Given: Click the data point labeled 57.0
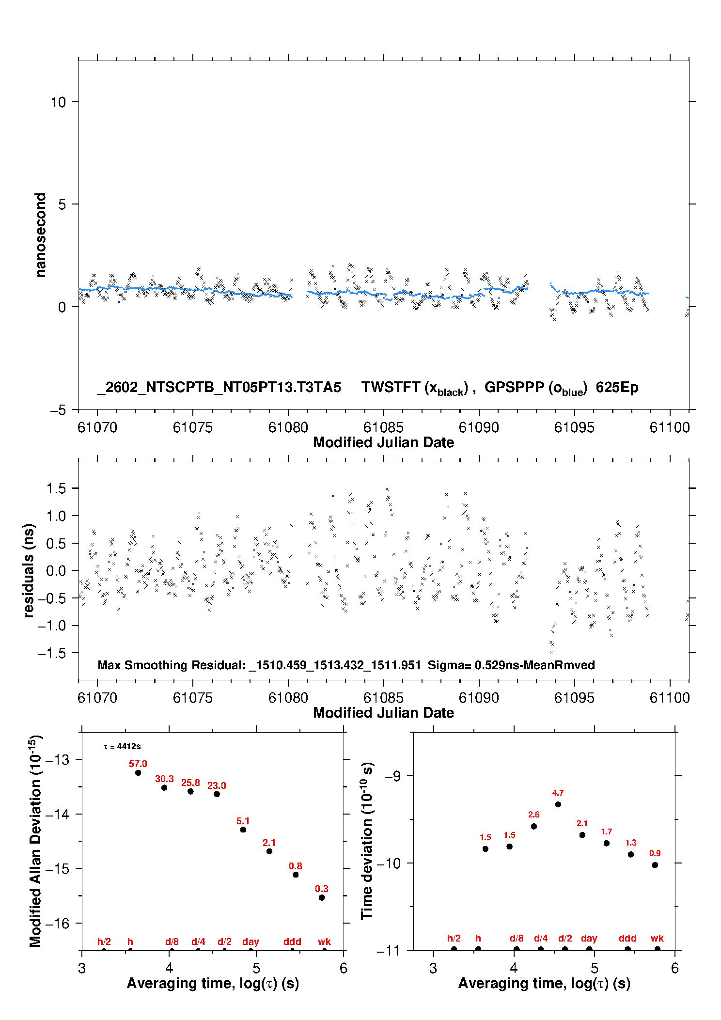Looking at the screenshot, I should tap(138, 772).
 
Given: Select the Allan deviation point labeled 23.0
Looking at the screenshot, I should tap(217, 794).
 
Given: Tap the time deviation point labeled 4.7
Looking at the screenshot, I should tap(558, 804).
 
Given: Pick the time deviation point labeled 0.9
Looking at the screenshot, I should tap(655, 865).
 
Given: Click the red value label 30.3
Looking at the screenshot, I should tap(164, 779).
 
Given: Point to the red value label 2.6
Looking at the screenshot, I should tap(533, 815).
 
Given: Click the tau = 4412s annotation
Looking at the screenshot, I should tap(122, 747).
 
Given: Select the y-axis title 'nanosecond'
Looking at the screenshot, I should tap(40, 235).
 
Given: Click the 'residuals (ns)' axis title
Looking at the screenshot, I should tap(29, 570).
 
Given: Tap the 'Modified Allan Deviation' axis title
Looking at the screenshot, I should tap(35, 841).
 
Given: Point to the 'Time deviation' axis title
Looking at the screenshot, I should tap(367, 841).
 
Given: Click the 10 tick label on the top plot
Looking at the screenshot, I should tap(58, 102).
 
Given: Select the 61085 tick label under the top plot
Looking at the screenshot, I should tap(383, 427).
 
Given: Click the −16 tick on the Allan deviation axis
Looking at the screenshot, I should tap(57, 924).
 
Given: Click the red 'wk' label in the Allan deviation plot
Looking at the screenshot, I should tap(324, 942).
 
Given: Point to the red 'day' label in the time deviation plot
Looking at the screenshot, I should tap(589, 938).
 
